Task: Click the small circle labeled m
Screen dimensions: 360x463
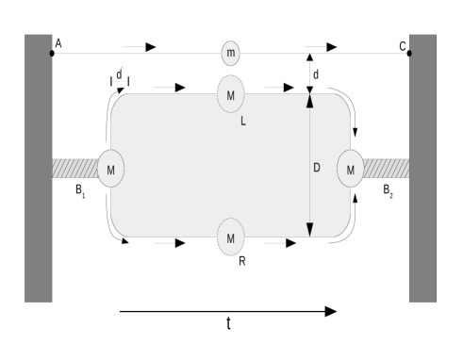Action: pyautogui.click(x=231, y=52)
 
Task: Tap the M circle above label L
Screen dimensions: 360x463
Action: pyautogui.click(x=231, y=93)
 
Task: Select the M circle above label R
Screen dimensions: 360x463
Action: pyautogui.click(x=231, y=237)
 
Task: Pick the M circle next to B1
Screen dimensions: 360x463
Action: pyautogui.click(x=111, y=168)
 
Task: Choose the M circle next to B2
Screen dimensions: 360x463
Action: pyautogui.click(x=351, y=169)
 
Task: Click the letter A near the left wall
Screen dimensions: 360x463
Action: pyautogui.click(x=58, y=43)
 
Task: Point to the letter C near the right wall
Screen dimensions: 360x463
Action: pyautogui.click(x=403, y=43)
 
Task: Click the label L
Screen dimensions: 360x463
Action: pyautogui.click(x=242, y=121)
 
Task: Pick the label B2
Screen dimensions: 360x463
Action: pyautogui.click(x=388, y=189)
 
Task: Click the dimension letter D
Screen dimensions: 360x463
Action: pyautogui.click(x=318, y=168)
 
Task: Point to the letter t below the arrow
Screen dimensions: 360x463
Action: pyautogui.click(x=228, y=323)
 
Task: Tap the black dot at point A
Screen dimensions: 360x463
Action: pyautogui.click(x=51, y=53)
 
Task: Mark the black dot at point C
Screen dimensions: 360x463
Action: pyautogui.click(x=409, y=53)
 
